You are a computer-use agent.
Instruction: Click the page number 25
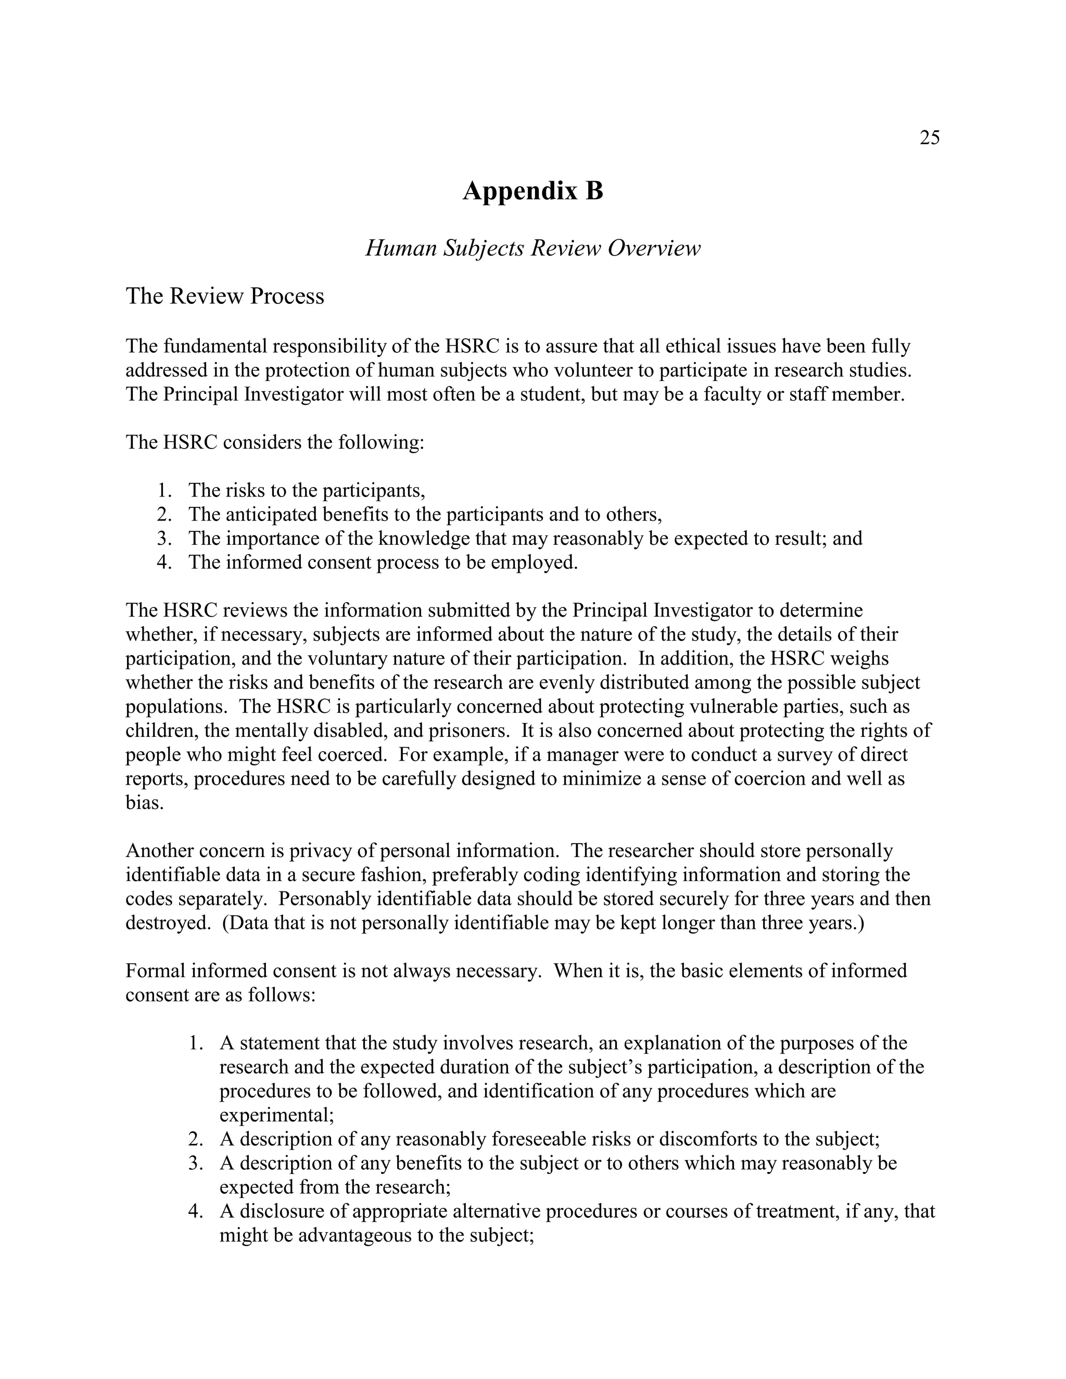pyautogui.click(x=930, y=138)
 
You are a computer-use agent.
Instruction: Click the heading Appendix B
pyautogui.click(x=532, y=190)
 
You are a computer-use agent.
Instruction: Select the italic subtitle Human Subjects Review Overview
pyautogui.click(x=532, y=248)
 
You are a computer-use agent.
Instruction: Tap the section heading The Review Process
pyautogui.click(x=225, y=296)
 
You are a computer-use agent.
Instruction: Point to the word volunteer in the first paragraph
pyautogui.click(x=563, y=370)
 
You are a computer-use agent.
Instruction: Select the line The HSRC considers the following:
pyautogui.click(x=275, y=442)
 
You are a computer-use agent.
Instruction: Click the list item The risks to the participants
pyautogui.click(x=306, y=490)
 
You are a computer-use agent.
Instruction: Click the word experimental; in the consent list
pyautogui.click(x=276, y=1115)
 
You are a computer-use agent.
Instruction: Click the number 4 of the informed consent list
pyautogui.click(x=195, y=1211)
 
